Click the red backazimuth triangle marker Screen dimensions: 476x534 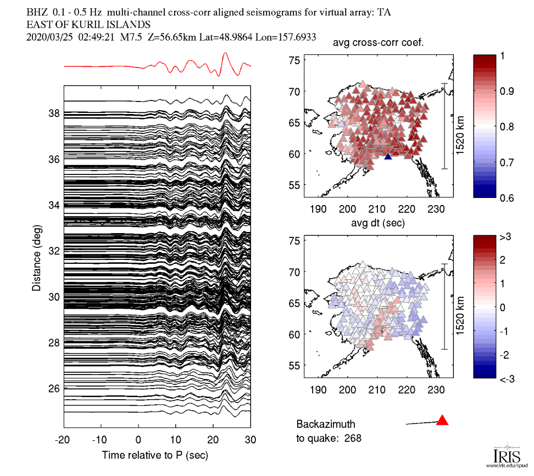tap(442, 421)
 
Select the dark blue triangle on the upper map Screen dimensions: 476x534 tap(388, 157)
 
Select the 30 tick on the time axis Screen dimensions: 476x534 tap(251, 439)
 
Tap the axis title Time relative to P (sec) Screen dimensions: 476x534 tap(155, 455)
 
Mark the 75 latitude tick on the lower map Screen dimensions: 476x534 tap(297, 241)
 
